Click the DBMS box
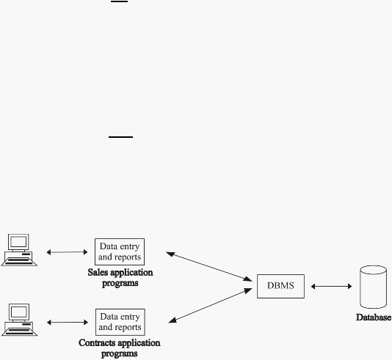click(x=280, y=286)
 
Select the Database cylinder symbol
click(x=373, y=287)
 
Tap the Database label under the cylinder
click(x=374, y=317)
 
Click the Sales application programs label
click(x=120, y=278)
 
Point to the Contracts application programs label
click(x=120, y=348)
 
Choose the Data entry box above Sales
click(x=120, y=251)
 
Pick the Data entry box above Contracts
click(x=120, y=322)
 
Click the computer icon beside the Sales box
click(x=19, y=250)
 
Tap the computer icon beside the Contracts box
click(x=20, y=320)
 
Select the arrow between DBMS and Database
click(x=331, y=287)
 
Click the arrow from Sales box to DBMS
click(x=209, y=266)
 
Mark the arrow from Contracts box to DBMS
click(x=210, y=305)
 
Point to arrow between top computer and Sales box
click(x=67, y=252)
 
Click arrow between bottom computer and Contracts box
click(x=68, y=323)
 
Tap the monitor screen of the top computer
click(x=18, y=241)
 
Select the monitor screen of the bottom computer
click(x=19, y=312)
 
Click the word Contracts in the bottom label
click(x=99, y=343)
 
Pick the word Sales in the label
click(x=98, y=272)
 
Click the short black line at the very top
click(x=119, y=1)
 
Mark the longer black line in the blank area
click(x=120, y=137)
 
